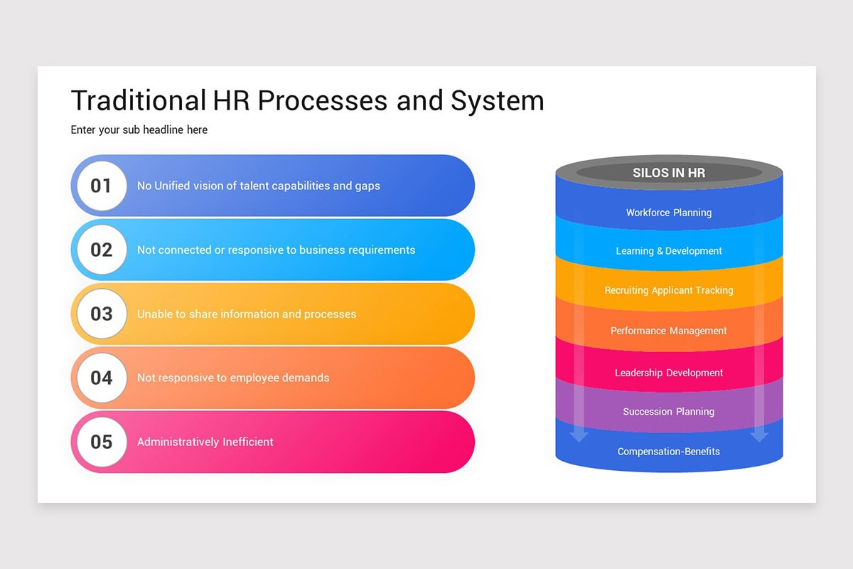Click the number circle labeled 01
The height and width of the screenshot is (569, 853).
tap(102, 186)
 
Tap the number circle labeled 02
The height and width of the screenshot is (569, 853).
tap(102, 250)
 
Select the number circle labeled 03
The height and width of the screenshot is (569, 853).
tap(102, 314)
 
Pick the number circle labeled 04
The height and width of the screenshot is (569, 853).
tap(102, 378)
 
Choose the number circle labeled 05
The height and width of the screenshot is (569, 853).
tap(102, 442)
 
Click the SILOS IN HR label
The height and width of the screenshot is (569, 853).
tap(669, 173)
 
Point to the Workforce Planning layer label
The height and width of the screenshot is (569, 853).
tap(669, 213)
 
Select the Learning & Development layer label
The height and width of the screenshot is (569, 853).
tap(669, 251)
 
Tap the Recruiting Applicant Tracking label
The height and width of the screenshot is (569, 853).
tap(669, 290)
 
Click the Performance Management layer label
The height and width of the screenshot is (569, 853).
tap(669, 331)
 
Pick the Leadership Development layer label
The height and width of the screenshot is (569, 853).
tap(669, 373)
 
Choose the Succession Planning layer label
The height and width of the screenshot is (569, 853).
tap(669, 412)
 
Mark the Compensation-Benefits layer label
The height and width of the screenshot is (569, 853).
tap(669, 452)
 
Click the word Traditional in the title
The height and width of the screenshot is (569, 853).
tap(138, 100)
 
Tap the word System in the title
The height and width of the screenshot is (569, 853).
tap(497, 100)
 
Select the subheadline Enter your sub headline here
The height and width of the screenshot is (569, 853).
tap(139, 130)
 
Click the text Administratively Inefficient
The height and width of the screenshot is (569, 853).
tap(205, 442)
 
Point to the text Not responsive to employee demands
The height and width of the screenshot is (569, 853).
tap(233, 378)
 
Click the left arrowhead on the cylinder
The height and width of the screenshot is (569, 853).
tap(579, 435)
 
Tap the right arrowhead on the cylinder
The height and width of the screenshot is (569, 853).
tap(759, 435)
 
